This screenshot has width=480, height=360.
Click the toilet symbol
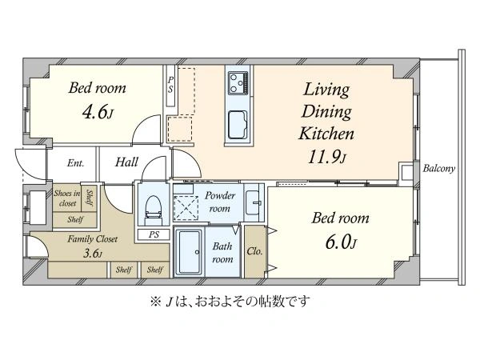tap(153, 206)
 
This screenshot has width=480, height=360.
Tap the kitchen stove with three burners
tap(238, 82)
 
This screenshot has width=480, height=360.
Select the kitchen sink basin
tap(238, 125)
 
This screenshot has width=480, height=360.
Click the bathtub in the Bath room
tap(190, 252)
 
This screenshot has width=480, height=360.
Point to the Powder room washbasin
tap(254, 202)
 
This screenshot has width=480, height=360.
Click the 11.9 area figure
tap(327, 158)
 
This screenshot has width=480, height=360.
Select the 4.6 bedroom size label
tap(98, 113)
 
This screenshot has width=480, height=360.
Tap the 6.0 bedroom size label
tap(341, 242)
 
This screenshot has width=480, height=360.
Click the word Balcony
tap(438, 168)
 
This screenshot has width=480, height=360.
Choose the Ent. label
tap(76, 163)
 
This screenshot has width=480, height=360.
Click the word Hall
tap(126, 162)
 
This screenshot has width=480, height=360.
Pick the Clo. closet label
tap(254, 252)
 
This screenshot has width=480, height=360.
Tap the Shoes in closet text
tap(67, 198)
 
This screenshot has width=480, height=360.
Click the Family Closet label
tap(93, 238)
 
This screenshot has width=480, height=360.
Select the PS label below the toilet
tap(154, 234)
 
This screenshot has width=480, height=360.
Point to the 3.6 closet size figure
tap(92, 254)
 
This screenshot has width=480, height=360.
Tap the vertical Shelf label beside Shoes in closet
tap(90, 198)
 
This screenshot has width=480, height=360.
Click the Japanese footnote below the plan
tap(230, 302)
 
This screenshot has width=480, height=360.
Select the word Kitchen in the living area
tap(326, 134)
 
